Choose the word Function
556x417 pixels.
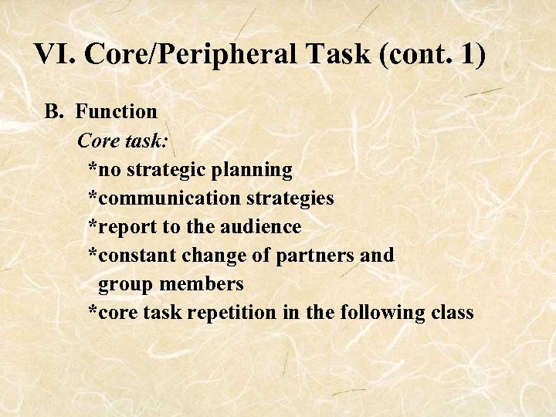click(x=117, y=112)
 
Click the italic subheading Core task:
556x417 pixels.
click(x=124, y=141)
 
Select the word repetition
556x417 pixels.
click(x=232, y=313)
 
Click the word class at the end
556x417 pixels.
click(x=452, y=313)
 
